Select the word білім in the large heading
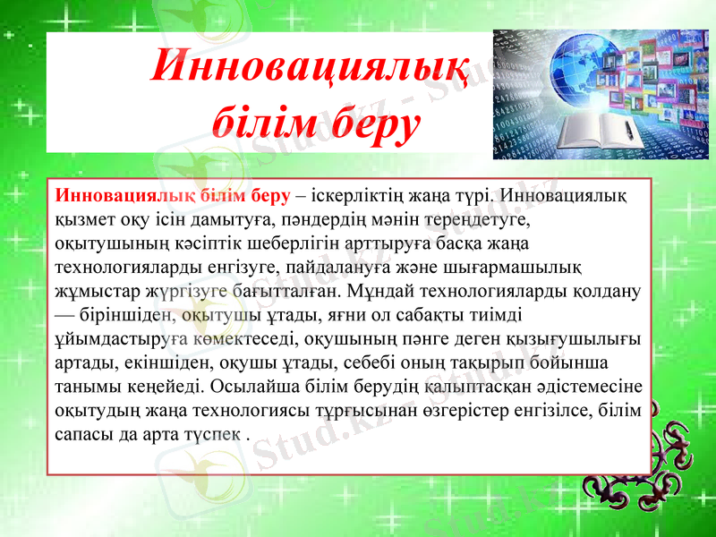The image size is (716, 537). pyautogui.click(x=260, y=122)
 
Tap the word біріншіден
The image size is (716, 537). pyautogui.click(x=116, y=315)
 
